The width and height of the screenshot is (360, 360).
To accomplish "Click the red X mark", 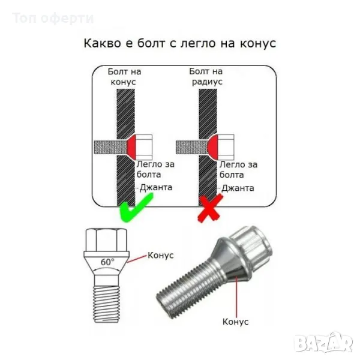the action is tap(210, 208).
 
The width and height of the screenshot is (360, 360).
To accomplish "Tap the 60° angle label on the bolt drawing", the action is tap(107, 262).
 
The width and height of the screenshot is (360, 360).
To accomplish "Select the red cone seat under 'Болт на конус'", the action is tap(131, 147).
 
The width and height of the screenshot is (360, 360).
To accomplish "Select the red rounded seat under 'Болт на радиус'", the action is tap(213, 147).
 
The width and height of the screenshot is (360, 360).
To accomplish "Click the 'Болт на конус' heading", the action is tap(124, 77).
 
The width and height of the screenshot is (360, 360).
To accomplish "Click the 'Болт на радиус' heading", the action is tap(206, 76).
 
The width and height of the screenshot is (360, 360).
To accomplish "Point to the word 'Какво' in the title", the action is tap(102, 43).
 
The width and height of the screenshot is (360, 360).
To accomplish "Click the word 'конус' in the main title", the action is tap(258, 44).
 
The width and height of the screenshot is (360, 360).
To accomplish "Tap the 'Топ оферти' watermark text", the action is tap(53, 19).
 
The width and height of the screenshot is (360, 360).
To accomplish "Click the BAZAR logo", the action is tap(324, 343).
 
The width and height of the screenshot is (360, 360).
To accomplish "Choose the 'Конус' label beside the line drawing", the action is tap(160, 256).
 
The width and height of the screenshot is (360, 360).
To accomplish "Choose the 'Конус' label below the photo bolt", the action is tap(236, 322).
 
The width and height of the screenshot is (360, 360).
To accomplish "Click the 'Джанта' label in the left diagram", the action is tap(156, 188).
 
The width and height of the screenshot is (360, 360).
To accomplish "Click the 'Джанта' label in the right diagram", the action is tap(238, 188).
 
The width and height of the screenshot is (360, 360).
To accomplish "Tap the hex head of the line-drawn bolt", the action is tap(106, 240).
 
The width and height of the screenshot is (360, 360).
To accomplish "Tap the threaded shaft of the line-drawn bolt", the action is tap(107, 304).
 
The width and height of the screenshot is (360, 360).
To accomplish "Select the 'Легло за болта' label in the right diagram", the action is tap(239, 170).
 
